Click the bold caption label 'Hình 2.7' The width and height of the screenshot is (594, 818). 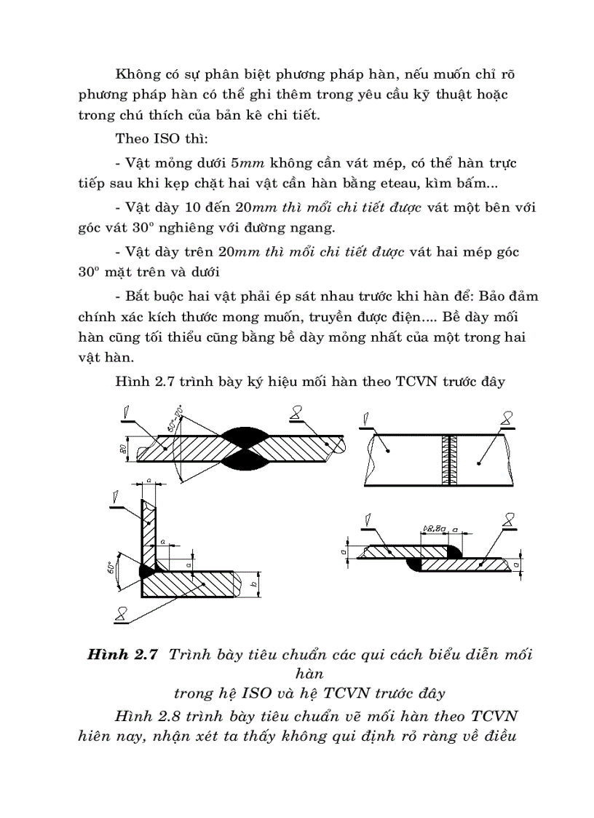click(122, 654)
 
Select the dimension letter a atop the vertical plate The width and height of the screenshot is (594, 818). click(149, 481)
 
